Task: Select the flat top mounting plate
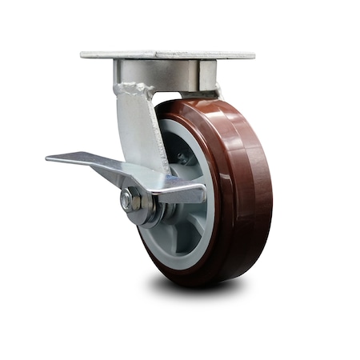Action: pos(168,54)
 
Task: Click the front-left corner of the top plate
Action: pos(82,56)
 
